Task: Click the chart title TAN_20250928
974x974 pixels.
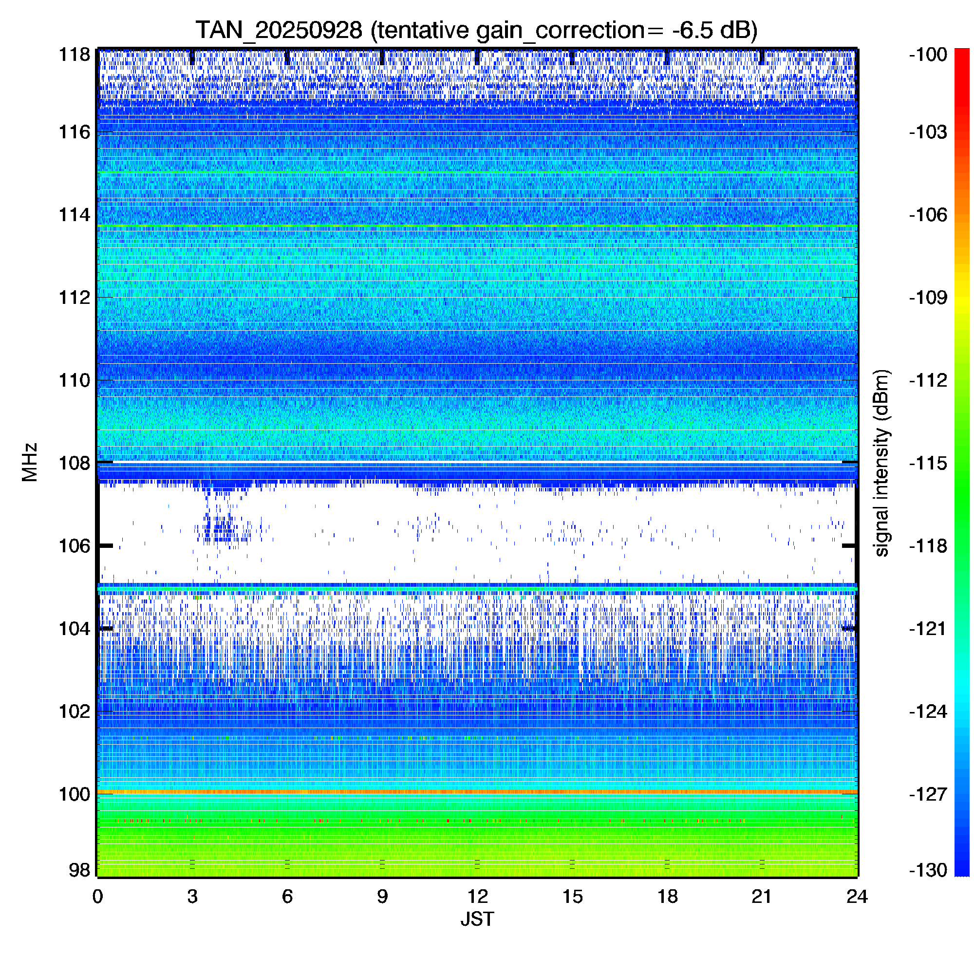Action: click(x=278, y=30)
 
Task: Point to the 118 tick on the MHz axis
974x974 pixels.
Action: click(x=75, y=55)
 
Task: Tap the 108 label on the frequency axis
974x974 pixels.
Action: click(x=75, y=463)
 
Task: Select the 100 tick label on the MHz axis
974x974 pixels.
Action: click(x=75, y=794)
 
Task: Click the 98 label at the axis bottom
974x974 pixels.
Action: click(x=80, y=870)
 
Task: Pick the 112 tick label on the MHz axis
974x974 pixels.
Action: click(x=75, y=298)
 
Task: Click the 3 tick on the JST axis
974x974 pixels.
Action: click(x=192, y=897)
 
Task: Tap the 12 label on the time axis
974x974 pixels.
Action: click(x=477, y=897)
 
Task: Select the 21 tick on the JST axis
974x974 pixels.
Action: click(x=762, y=897)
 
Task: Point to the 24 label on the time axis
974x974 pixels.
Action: click(x=857, y=897)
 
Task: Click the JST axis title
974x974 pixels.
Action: click(x=477, y=919)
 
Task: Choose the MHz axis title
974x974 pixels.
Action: click(x=30, y=462)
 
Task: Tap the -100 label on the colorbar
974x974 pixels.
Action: click(x=928, y=55)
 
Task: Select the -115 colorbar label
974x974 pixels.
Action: click(x=928, y=463)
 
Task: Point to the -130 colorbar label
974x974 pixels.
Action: click(x=928, y=870)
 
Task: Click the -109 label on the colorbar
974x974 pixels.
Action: click(x=928, y=298)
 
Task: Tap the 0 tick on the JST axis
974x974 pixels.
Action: click(x=97, y=897)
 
